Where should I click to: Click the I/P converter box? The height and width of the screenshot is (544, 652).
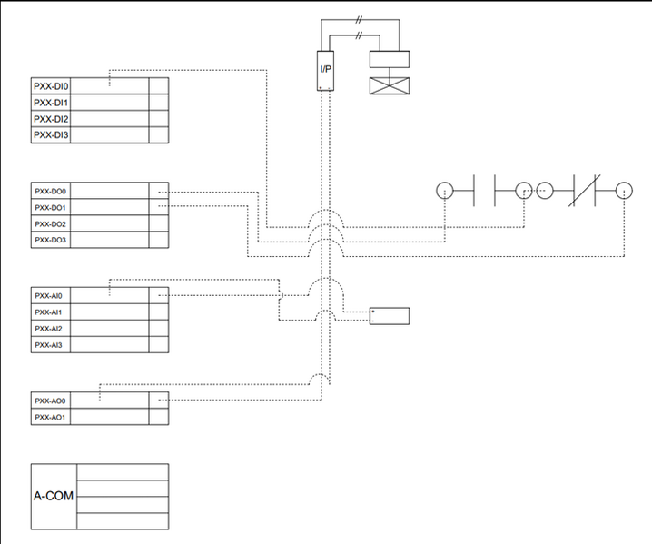pos(325,70)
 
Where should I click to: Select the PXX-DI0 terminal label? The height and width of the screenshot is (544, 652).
pos(52,86)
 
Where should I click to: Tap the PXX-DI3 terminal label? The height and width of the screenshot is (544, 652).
pos(52,135)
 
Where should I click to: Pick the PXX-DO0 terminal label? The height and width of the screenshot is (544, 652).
pos(52,192)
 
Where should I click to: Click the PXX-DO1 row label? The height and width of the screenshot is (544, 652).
pos(52,208)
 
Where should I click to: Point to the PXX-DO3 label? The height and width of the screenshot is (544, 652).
pos(52,241)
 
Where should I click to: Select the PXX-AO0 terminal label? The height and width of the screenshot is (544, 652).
pos(51,401)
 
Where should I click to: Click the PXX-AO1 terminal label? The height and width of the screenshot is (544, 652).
pos(51,417)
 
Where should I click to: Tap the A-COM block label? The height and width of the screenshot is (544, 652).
pos(54,497)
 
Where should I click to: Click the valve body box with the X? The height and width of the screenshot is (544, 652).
pos(389,86)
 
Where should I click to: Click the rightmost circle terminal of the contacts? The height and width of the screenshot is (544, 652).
pos(623,191)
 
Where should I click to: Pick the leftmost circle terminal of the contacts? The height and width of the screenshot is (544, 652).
pos(444,191)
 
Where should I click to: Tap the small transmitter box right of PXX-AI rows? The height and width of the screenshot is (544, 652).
pos(389,316)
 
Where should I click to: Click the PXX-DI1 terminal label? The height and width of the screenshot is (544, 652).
pos(52,103)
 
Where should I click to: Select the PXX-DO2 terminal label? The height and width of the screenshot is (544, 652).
pos(52,224)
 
